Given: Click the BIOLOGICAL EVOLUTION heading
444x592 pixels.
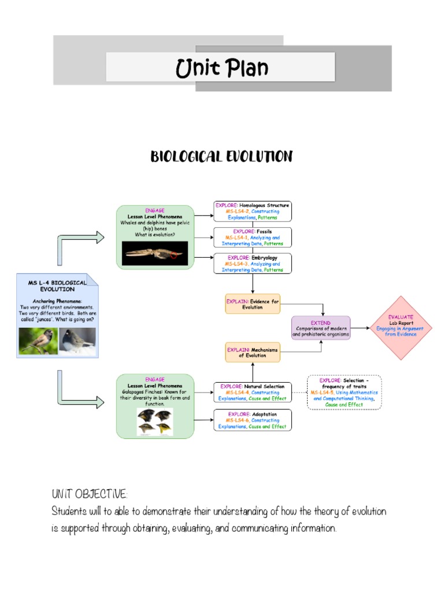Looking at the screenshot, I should point(221,156).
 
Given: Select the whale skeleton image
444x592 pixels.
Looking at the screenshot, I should point(154,253).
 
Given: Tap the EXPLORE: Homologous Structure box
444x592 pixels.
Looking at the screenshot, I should point(253,212).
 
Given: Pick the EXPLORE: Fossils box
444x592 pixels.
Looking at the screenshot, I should point(253,238).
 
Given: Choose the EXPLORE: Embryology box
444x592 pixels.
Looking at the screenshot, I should point(253,263).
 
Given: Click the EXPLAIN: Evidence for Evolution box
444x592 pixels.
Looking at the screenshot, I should point(252,304).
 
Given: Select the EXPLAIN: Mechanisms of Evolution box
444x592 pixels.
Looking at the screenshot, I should point(252,352).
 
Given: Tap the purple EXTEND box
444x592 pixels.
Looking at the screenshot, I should point(321,328).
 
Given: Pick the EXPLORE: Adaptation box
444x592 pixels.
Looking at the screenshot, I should point(253,420).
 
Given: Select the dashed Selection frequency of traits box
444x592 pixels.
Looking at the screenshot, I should point(343,393).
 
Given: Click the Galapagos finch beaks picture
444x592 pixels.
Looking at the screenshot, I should point(154,421).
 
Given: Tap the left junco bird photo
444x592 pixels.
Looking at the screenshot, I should point(38,341).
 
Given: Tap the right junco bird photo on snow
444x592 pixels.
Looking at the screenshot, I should point(77,341).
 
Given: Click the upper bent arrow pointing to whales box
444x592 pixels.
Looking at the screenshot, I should point(78,246).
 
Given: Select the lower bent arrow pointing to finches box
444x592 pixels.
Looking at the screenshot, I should point(78,394).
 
